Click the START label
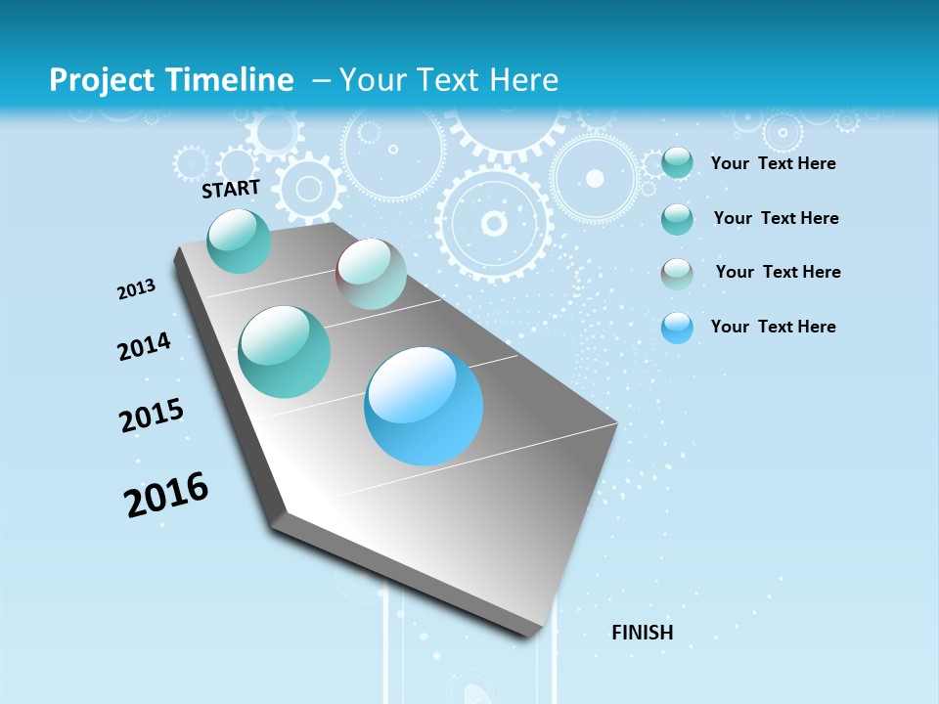[x=231, y=189]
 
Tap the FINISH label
[x=642, y=633]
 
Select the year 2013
[x=137, y=289]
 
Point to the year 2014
[x=144, y=347]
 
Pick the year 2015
[x=152, y=416]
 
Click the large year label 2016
[x=166, y=495]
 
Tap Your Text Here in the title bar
[x=449, y=80]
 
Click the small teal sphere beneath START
[x=239, y=241]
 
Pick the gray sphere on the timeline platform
[x=371, y=274]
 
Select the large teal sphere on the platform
[x=285, y=352]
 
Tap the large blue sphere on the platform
[x=424, y=406]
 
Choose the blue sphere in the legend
[x=677, y=328]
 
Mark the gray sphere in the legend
[x=677, y=274]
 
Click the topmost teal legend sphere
[x=677, y=162]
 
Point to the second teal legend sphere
[x=677, y=219]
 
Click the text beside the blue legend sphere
[x=773, y=327]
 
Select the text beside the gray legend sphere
[x=778, y=272]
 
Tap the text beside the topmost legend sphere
[x=773, y=163]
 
